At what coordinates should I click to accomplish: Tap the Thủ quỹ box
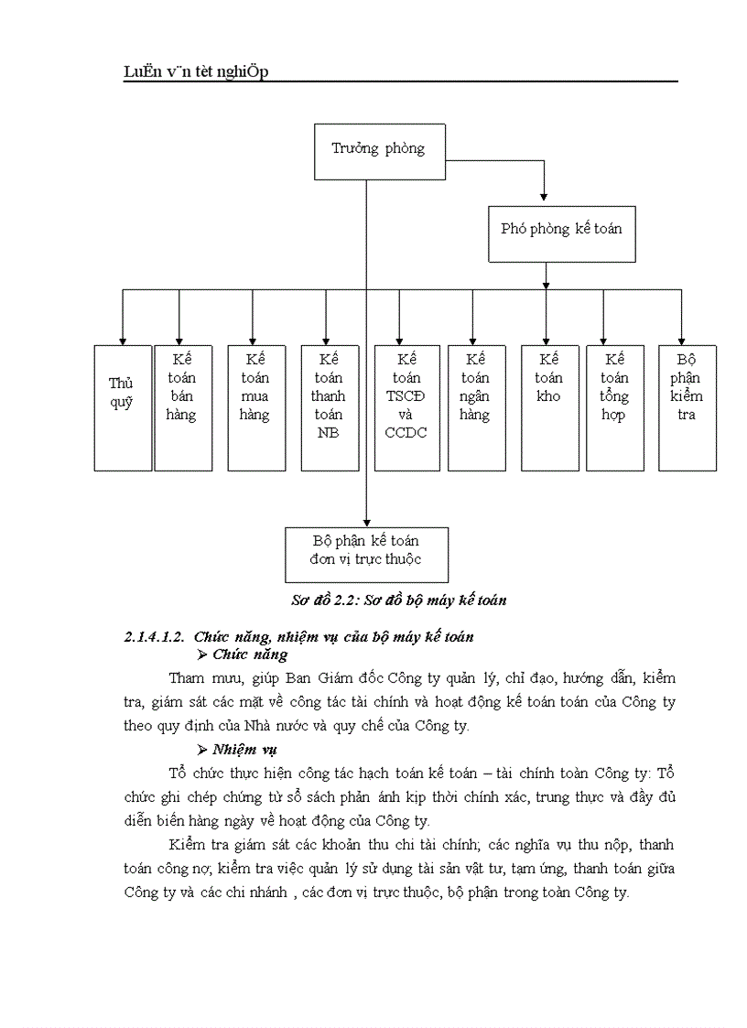click(122, 407)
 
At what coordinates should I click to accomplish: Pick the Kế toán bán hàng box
click(182, 407)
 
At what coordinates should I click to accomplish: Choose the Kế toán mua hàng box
click(255, 407)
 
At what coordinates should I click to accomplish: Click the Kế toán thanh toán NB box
click(329, 407)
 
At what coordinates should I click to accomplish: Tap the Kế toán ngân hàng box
click(476, 407)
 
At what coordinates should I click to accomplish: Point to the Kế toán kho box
click(549, 407)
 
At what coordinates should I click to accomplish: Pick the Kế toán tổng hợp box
click(614, 407)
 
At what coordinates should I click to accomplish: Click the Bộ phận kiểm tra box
click(687, 407)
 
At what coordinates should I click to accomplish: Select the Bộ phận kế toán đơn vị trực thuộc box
click(366, 554)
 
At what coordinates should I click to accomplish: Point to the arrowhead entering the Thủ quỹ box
click(123, 340)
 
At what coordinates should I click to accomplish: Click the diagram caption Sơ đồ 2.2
click(398, 601)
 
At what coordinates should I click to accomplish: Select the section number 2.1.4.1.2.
click(155, 636)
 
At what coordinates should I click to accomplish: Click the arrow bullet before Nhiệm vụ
click(203, 750)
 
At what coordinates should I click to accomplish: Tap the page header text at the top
click(196, 72)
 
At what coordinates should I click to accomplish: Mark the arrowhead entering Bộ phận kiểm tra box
click(682, 340)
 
